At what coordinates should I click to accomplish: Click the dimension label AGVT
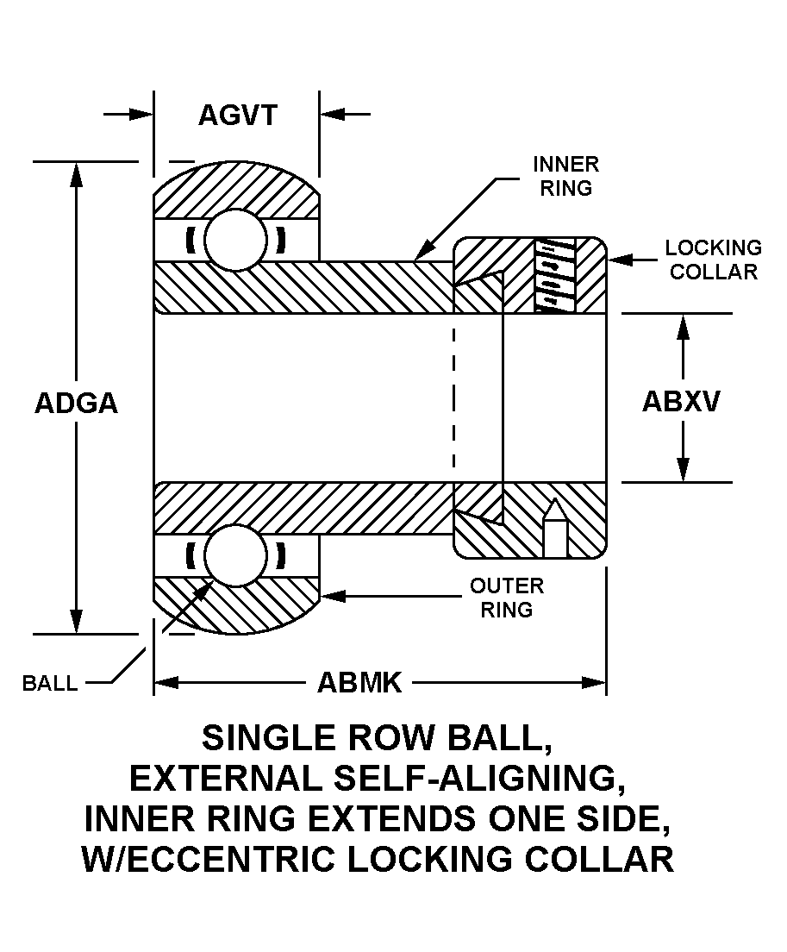click(237, 115)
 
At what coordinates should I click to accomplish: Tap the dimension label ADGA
click(76, 403)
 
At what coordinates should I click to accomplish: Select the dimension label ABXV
click(681, 402)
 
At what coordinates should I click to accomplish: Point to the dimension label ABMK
click(359, 683)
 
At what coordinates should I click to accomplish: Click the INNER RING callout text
click(565, 176)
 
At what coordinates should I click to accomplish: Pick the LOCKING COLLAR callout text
click(713, 260)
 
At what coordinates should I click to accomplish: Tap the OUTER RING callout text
click(506, 598)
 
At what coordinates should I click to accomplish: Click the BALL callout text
click(49, 684)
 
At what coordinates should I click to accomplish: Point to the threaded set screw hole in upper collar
click(555, 274)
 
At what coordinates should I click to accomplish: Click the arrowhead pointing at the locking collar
click(618, 259)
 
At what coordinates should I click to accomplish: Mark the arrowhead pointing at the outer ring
click(331, 595)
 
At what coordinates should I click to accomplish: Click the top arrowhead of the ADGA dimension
click(77, 172)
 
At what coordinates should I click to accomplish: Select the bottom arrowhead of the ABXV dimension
click(684, 469)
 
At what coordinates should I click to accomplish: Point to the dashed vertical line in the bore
click(454, 397)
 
